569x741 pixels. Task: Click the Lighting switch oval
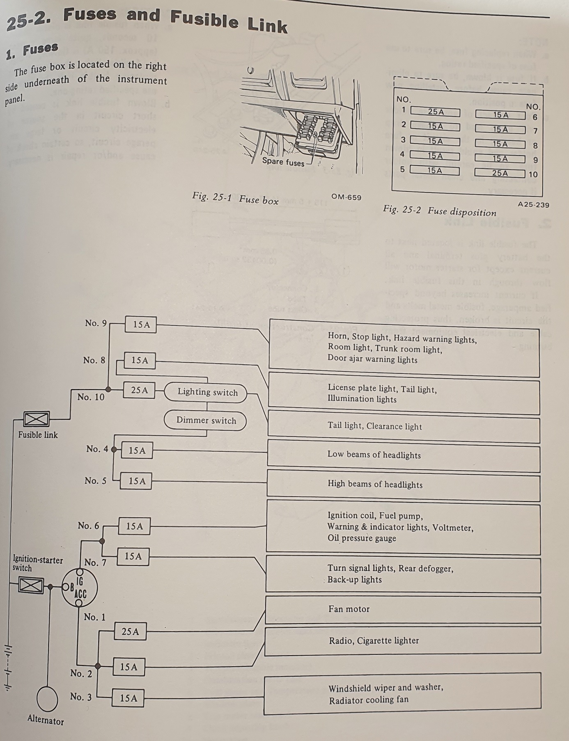206,392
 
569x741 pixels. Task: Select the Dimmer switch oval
205,421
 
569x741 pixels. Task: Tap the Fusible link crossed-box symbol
36,419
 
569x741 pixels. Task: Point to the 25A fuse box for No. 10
139,390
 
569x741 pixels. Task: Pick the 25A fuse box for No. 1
130,631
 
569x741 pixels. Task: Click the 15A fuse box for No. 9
141,325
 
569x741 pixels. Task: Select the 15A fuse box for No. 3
128,698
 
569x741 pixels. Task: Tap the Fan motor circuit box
403,609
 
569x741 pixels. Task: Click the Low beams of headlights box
403,455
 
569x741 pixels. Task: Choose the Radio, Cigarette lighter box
402,640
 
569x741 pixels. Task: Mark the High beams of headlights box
403,485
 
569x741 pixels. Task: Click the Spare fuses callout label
283,162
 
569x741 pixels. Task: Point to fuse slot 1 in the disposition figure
435,112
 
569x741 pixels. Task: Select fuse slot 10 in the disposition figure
500,173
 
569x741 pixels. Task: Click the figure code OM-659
346,197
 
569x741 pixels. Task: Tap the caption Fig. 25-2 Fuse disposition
439,210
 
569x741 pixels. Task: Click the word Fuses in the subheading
40,50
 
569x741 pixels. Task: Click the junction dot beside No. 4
114,449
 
